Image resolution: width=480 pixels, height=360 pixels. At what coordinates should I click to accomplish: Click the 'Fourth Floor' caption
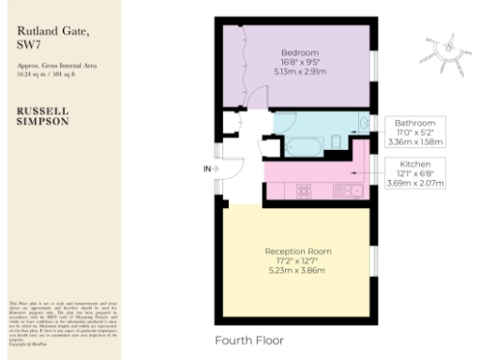(x=248, y=339)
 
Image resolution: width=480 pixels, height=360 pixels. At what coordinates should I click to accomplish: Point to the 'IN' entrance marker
(x=206, y=169)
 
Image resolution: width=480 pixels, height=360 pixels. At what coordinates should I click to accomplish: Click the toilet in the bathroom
(x=335, y=142)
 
